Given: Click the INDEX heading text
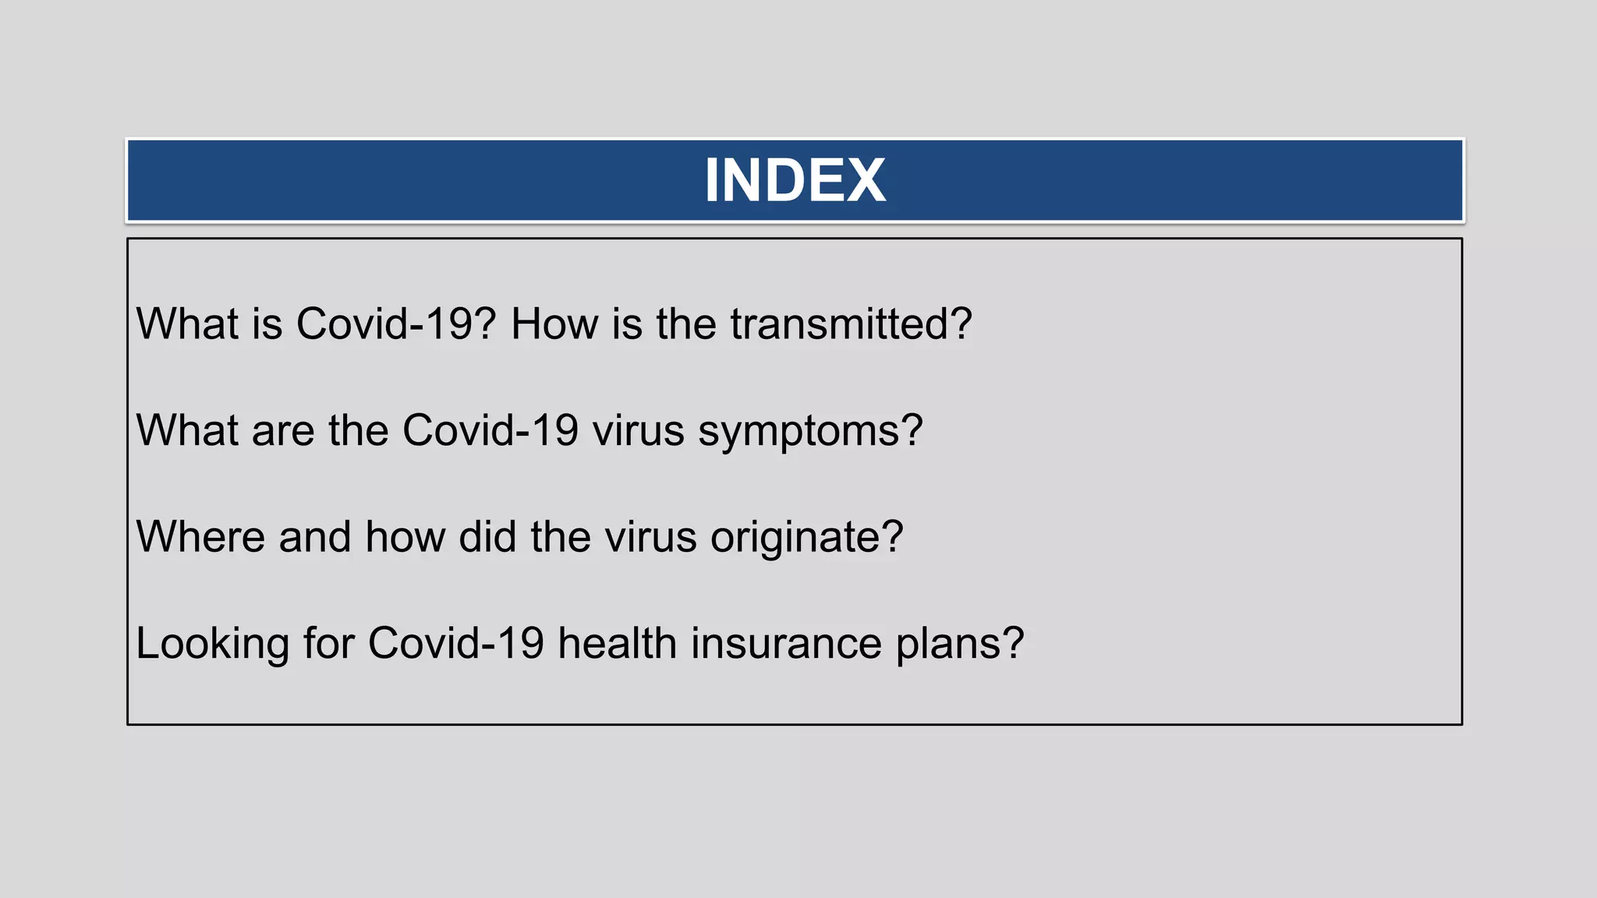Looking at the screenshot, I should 795,181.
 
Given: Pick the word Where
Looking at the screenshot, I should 200,537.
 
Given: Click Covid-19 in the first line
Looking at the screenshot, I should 395,323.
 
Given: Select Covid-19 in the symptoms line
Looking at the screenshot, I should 490,430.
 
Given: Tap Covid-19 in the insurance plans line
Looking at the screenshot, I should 455,644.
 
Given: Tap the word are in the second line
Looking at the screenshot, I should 282,431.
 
